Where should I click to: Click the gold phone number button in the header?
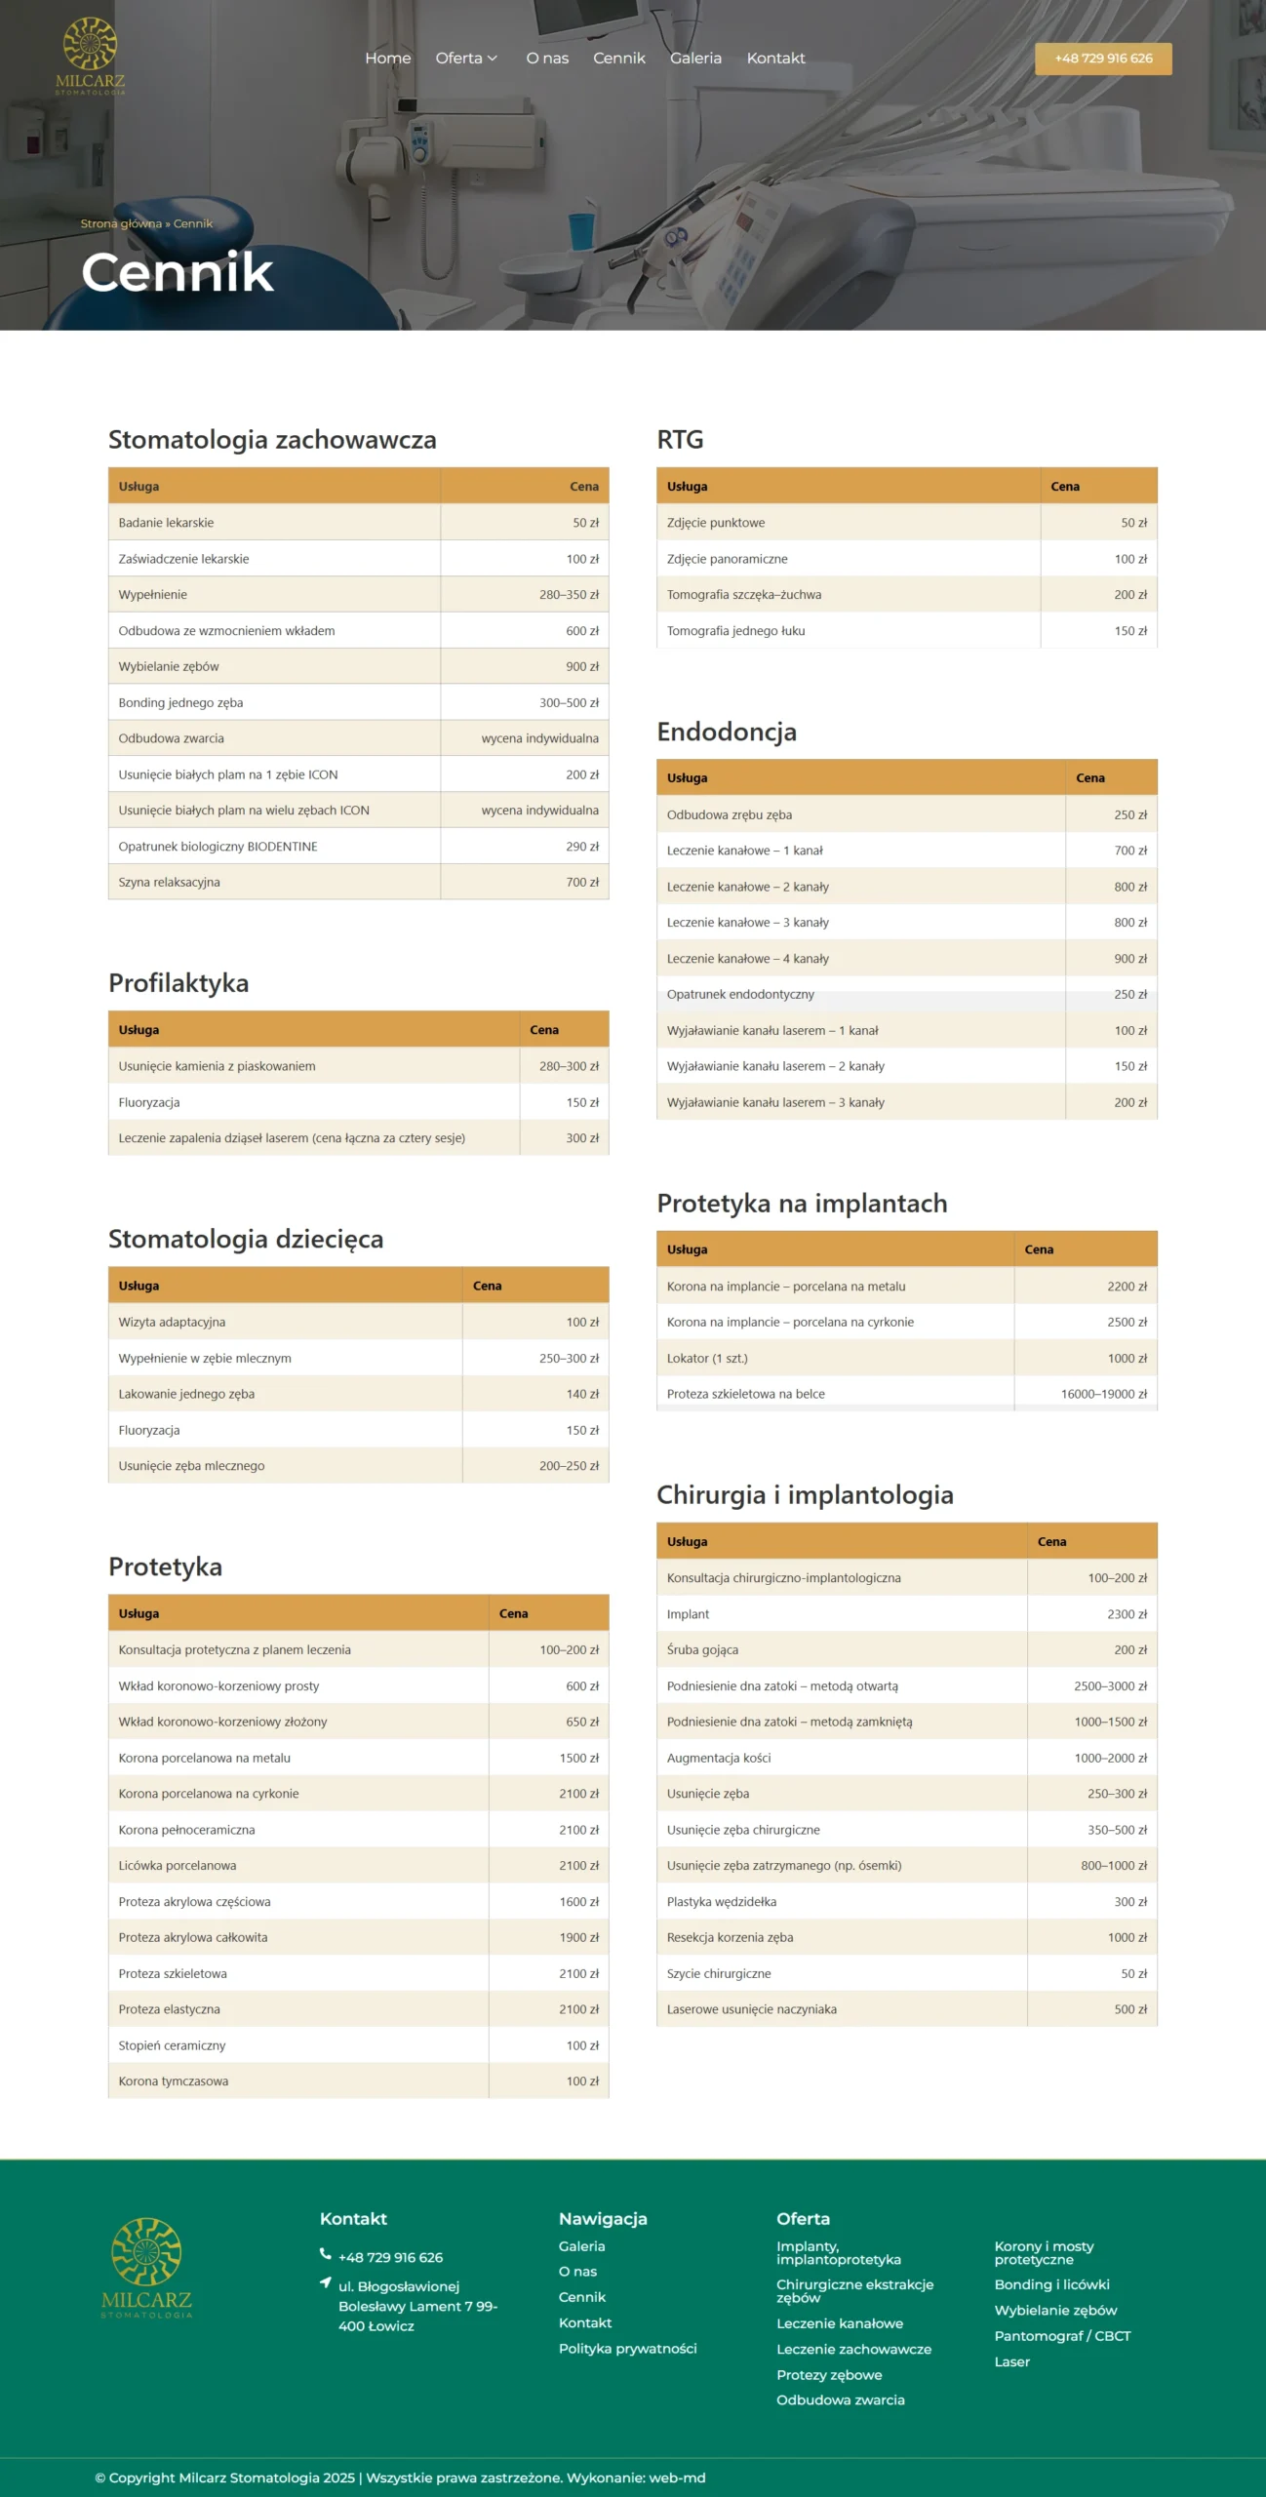point(1103,59)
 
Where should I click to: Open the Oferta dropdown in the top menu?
point(466,59)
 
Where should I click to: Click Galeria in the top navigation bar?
point(695,59)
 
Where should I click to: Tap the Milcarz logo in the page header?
point(91,57)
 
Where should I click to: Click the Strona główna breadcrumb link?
point(121,223)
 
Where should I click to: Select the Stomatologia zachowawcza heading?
point(272,440)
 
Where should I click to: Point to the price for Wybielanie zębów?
point(582,667)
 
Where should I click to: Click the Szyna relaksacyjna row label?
point(170,883)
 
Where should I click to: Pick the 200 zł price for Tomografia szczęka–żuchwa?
point(1130,595)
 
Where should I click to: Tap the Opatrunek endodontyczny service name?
point(740,995)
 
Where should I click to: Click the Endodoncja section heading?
point(727,733)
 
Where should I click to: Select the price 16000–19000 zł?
point(1103,1395)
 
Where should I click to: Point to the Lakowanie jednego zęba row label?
point(186,1395)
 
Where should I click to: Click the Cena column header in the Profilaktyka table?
point(544,1030)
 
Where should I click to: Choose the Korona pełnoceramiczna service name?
point(186,1831)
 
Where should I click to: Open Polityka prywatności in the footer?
point(627,2349)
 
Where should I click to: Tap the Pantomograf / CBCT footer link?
point(1062,2336)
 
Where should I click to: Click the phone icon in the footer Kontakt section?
point(326,2254)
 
